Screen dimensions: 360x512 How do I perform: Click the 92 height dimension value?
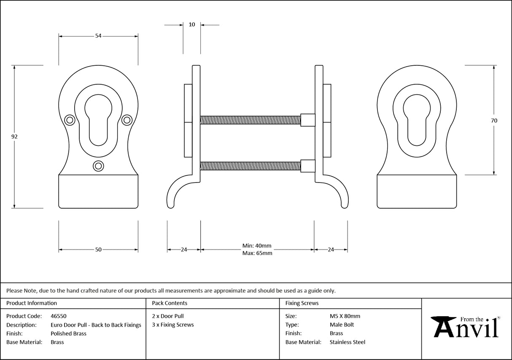[x=15, y=137]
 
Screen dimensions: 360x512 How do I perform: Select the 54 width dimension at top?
[x=98, y=36]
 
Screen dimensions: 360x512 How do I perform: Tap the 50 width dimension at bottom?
[x=98, y=250]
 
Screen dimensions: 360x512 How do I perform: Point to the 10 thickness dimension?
[x=192, y=25]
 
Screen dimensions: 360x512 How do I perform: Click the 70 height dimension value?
[x=494, y=121]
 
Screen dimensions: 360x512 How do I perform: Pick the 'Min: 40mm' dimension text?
[x=257, y=246]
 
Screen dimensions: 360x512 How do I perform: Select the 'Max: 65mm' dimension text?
[x=257, y=253]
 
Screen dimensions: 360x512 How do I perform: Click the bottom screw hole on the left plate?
[x=98, y=166]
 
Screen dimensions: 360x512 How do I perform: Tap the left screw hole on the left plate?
[x=70, y=120]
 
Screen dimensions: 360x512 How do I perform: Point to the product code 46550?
[x=58, y=316]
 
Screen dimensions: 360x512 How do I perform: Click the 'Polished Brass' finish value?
[x=68, y=333]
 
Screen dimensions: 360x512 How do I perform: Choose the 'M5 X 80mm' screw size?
[x=345, y=316]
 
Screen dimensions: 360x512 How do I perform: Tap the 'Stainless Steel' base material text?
[x=347, y=342]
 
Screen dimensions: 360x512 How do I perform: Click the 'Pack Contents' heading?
[x=169, y=303]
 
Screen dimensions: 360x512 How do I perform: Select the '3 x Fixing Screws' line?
[x=172, y=325]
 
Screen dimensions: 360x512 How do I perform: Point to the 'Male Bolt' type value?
[x=342, y=325]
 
